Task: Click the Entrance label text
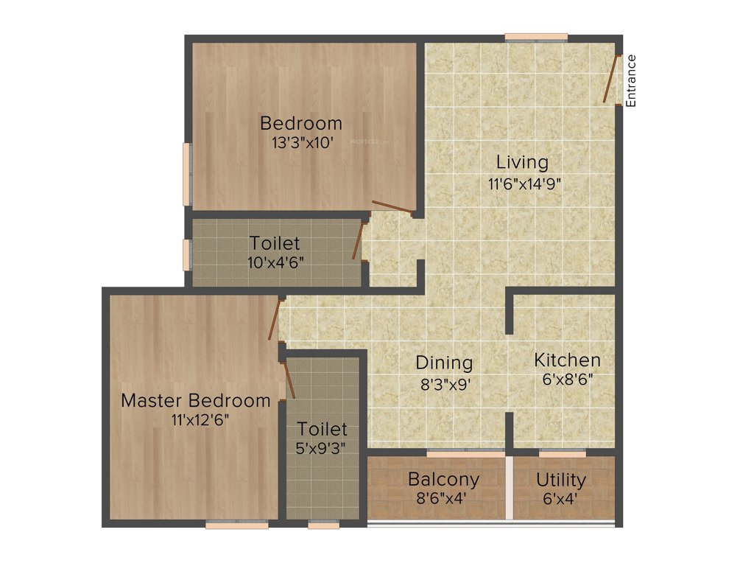(x=631, y=81)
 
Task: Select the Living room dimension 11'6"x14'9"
(x=524, y=184)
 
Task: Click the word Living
(x=522, y=162)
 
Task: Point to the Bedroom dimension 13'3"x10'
(x=302, y=143)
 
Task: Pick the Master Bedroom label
(x=196, y=401)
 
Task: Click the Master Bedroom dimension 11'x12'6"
(x=197, y=420)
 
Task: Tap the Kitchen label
(x=567, y=360)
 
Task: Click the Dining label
(x=444, y=363)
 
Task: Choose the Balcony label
(x=443, y=479)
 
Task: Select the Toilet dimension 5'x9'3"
(x=322, y=447)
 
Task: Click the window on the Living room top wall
(x=536, y=37)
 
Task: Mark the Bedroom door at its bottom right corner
(x=392, y=206)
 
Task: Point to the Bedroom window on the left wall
(x=187, y=175)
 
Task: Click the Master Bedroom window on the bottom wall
(x=236, y=525)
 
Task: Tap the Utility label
(x=561, y=481)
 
